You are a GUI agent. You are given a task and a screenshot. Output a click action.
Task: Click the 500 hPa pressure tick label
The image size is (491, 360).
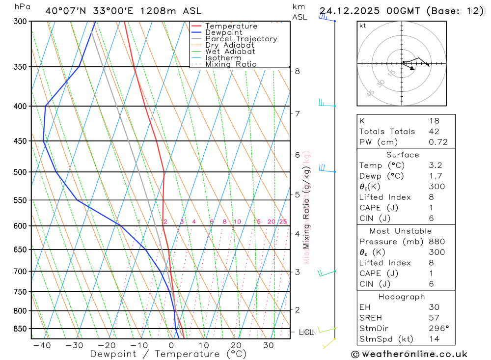pos(20,172)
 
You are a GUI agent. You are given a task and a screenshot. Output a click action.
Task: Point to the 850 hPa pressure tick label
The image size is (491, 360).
pos(20,329)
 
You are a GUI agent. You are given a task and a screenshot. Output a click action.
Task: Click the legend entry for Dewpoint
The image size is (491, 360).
pos(223,32)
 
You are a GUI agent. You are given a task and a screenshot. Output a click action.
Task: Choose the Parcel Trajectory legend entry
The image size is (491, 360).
pos(241,39)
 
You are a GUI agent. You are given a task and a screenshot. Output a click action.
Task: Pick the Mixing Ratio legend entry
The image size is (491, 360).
pos(231,64)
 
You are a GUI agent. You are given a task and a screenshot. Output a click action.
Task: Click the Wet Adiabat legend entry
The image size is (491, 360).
pos(230,51)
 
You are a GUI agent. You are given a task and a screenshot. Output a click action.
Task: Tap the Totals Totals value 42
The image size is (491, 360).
pos(434,132)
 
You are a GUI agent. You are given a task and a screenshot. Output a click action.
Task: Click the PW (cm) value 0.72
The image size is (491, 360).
pos(438,142)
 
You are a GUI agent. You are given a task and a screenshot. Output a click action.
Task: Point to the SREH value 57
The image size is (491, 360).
pos(434,318)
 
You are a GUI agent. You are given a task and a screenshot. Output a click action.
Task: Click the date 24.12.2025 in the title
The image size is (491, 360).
pos(349,10)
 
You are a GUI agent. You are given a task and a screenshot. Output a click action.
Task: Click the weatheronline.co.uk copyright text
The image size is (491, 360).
pos(409,354)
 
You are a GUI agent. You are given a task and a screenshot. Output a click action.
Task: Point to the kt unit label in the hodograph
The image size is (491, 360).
pos(363,26)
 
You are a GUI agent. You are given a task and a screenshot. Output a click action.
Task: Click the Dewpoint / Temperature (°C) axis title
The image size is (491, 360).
pos(168,354)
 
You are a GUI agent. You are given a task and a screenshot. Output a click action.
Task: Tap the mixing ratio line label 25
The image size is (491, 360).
pos(283,222)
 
